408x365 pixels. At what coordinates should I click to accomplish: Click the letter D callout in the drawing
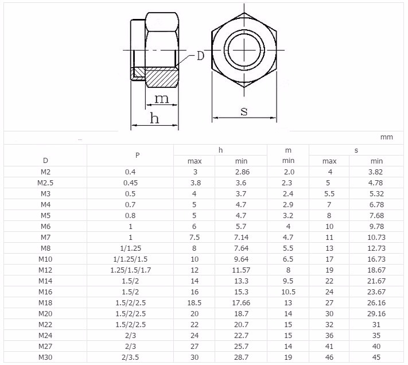coord(200,56)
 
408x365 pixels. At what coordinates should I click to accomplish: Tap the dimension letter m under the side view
coord(162,99)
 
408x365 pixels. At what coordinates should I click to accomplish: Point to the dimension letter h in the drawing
coord(154,118)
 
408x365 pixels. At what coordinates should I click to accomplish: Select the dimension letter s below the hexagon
coord(244,111)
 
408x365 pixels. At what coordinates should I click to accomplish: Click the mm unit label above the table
coord(386,137)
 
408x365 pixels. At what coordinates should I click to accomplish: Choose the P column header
coord(137,156)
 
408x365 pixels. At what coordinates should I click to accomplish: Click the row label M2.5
coord(45,183)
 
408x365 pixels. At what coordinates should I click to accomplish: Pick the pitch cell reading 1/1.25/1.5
coord(130,259)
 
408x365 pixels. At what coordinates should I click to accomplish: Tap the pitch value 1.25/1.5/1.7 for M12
coord(131,270)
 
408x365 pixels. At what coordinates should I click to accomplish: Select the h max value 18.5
coord(195,303)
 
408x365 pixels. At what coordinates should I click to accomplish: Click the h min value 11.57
coord(241,270)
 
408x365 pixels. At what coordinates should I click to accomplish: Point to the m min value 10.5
coord(288,292)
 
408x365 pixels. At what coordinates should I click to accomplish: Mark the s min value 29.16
coord(376,314)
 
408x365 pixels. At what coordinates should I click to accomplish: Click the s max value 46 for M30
coord(329,358)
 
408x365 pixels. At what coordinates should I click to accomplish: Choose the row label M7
coord(45,238)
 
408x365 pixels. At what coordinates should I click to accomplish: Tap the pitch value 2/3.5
coord(130,358)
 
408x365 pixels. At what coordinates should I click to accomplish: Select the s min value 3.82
coord(376,172)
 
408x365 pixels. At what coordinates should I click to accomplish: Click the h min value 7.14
coord(241,238)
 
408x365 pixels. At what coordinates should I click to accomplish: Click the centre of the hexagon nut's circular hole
coord(244,50)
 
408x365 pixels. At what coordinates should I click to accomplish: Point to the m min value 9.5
coord(288,281)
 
